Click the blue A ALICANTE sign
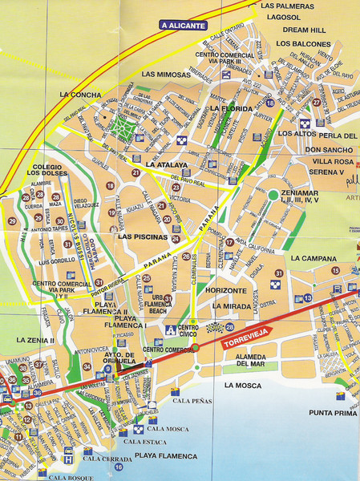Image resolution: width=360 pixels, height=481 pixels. coord(183,25)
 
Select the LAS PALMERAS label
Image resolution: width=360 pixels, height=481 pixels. coord(286,6)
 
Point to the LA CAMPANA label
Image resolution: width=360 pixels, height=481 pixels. coord(317,258)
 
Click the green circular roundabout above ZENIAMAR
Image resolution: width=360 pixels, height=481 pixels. coord(273,195)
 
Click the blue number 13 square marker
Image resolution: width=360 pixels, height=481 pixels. coord(309,298)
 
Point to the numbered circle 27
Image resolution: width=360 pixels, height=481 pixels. coord(317,103)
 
